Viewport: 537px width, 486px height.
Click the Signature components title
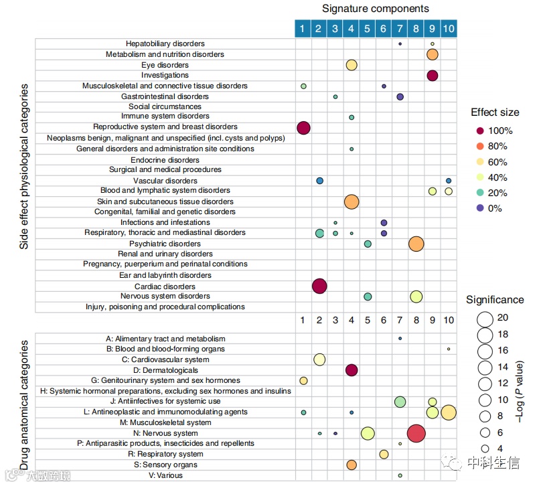click(x=375, y=9)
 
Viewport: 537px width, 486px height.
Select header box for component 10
click(x=449, y=28)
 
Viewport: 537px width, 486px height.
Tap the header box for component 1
click(x=303, y=28)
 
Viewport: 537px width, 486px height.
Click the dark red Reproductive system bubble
click(x=303, y=128)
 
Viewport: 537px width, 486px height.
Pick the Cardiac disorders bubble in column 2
click(x=319, y=287)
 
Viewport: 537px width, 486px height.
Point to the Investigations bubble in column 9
click(x=432, y=76)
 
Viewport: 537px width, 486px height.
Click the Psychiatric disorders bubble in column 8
click(x=416, y=244)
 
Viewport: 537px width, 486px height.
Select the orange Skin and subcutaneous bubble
click(x=352, y=201)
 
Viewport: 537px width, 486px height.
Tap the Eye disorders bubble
click(x=352, y=65)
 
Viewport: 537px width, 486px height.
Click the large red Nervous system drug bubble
click(x=416, y=433)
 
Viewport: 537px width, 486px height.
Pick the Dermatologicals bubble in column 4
click(x=352, y=370)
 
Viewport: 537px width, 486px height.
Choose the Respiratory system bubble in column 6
click(x=384, y=454)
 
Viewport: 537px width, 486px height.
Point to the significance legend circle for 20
click(x=484, y=318)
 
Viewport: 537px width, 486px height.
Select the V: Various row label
click(x=165, y=475)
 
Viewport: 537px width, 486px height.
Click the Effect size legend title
click(x=495, y=112)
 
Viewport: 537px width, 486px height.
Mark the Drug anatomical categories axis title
click(x=25, y=405)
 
